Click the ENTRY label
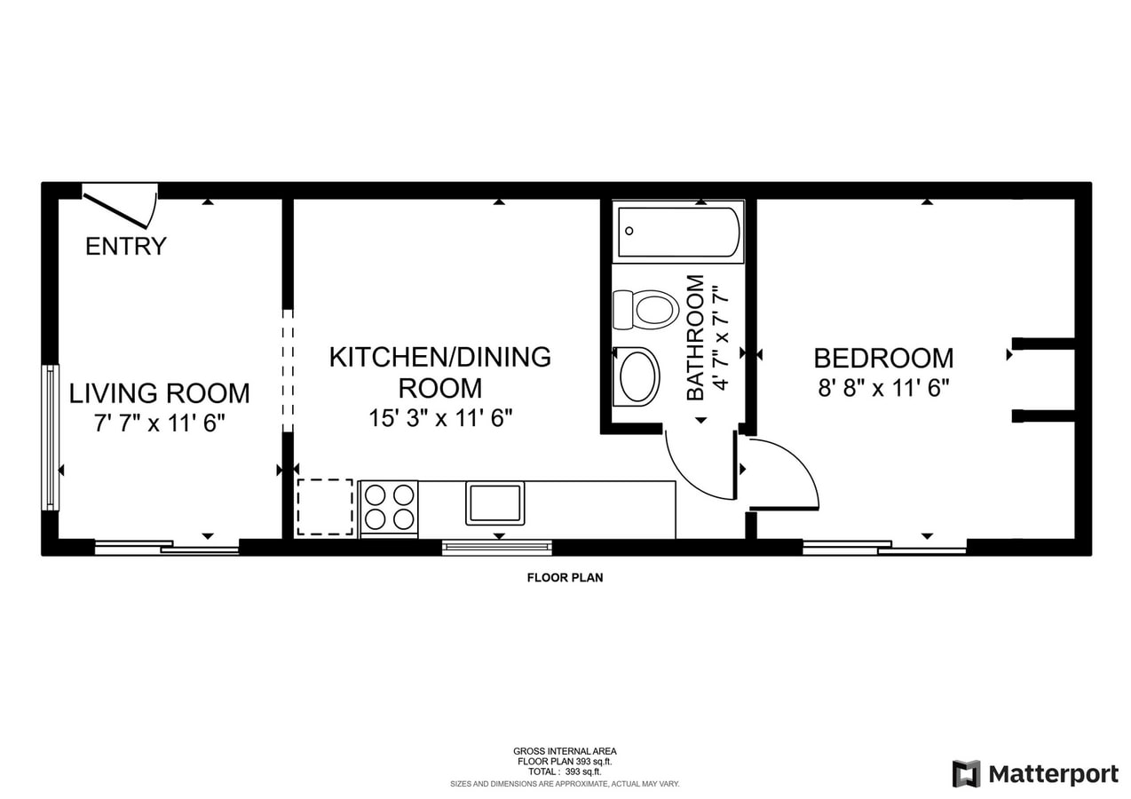click(x=126, y=247)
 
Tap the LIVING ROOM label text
click(x=159, y=393)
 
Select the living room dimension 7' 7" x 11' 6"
click(x=159, y=423)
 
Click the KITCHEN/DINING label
click(x=439, y=357)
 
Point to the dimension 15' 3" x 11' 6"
click(x=440, y=418)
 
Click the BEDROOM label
click(x=883, y=358)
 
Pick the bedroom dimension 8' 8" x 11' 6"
click(x=883, y=388)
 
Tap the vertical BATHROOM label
click(x=695, y=337)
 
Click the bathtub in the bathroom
click(x=678, y=232)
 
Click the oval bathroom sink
click(x=637, y=376)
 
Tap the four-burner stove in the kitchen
click(x=389, y=509)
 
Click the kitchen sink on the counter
click(x=494, y=503)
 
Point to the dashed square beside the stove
click(x=325, y=507)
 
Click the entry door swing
click(x=121, y=210)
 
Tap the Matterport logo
click(x=1035, y=774)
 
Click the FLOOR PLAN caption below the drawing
click(x=565, y=577)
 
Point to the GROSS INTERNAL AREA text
click(x=565, y=752)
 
